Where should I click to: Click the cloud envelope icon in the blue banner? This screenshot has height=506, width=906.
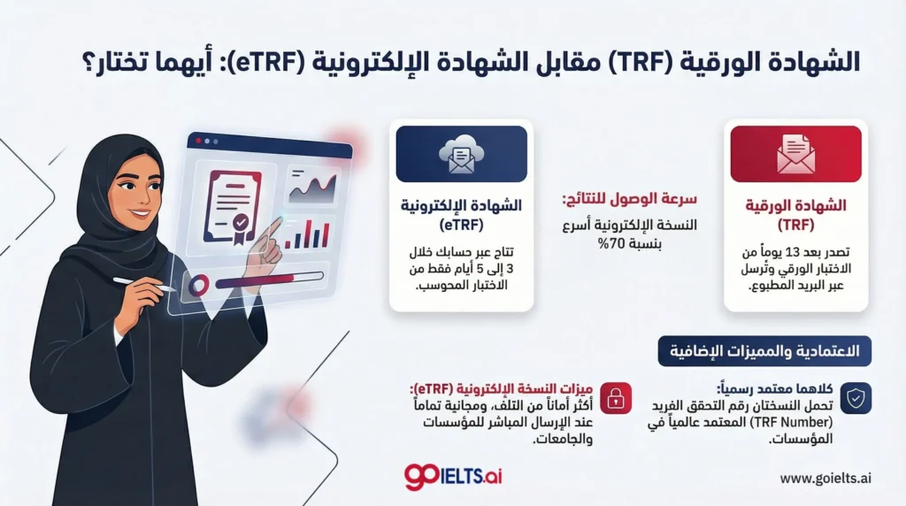pos(461,154)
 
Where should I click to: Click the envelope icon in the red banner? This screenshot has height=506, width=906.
pos(795,154)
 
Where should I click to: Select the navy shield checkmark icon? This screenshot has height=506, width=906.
pos(856,398)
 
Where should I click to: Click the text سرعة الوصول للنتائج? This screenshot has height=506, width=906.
pos(629,199)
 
